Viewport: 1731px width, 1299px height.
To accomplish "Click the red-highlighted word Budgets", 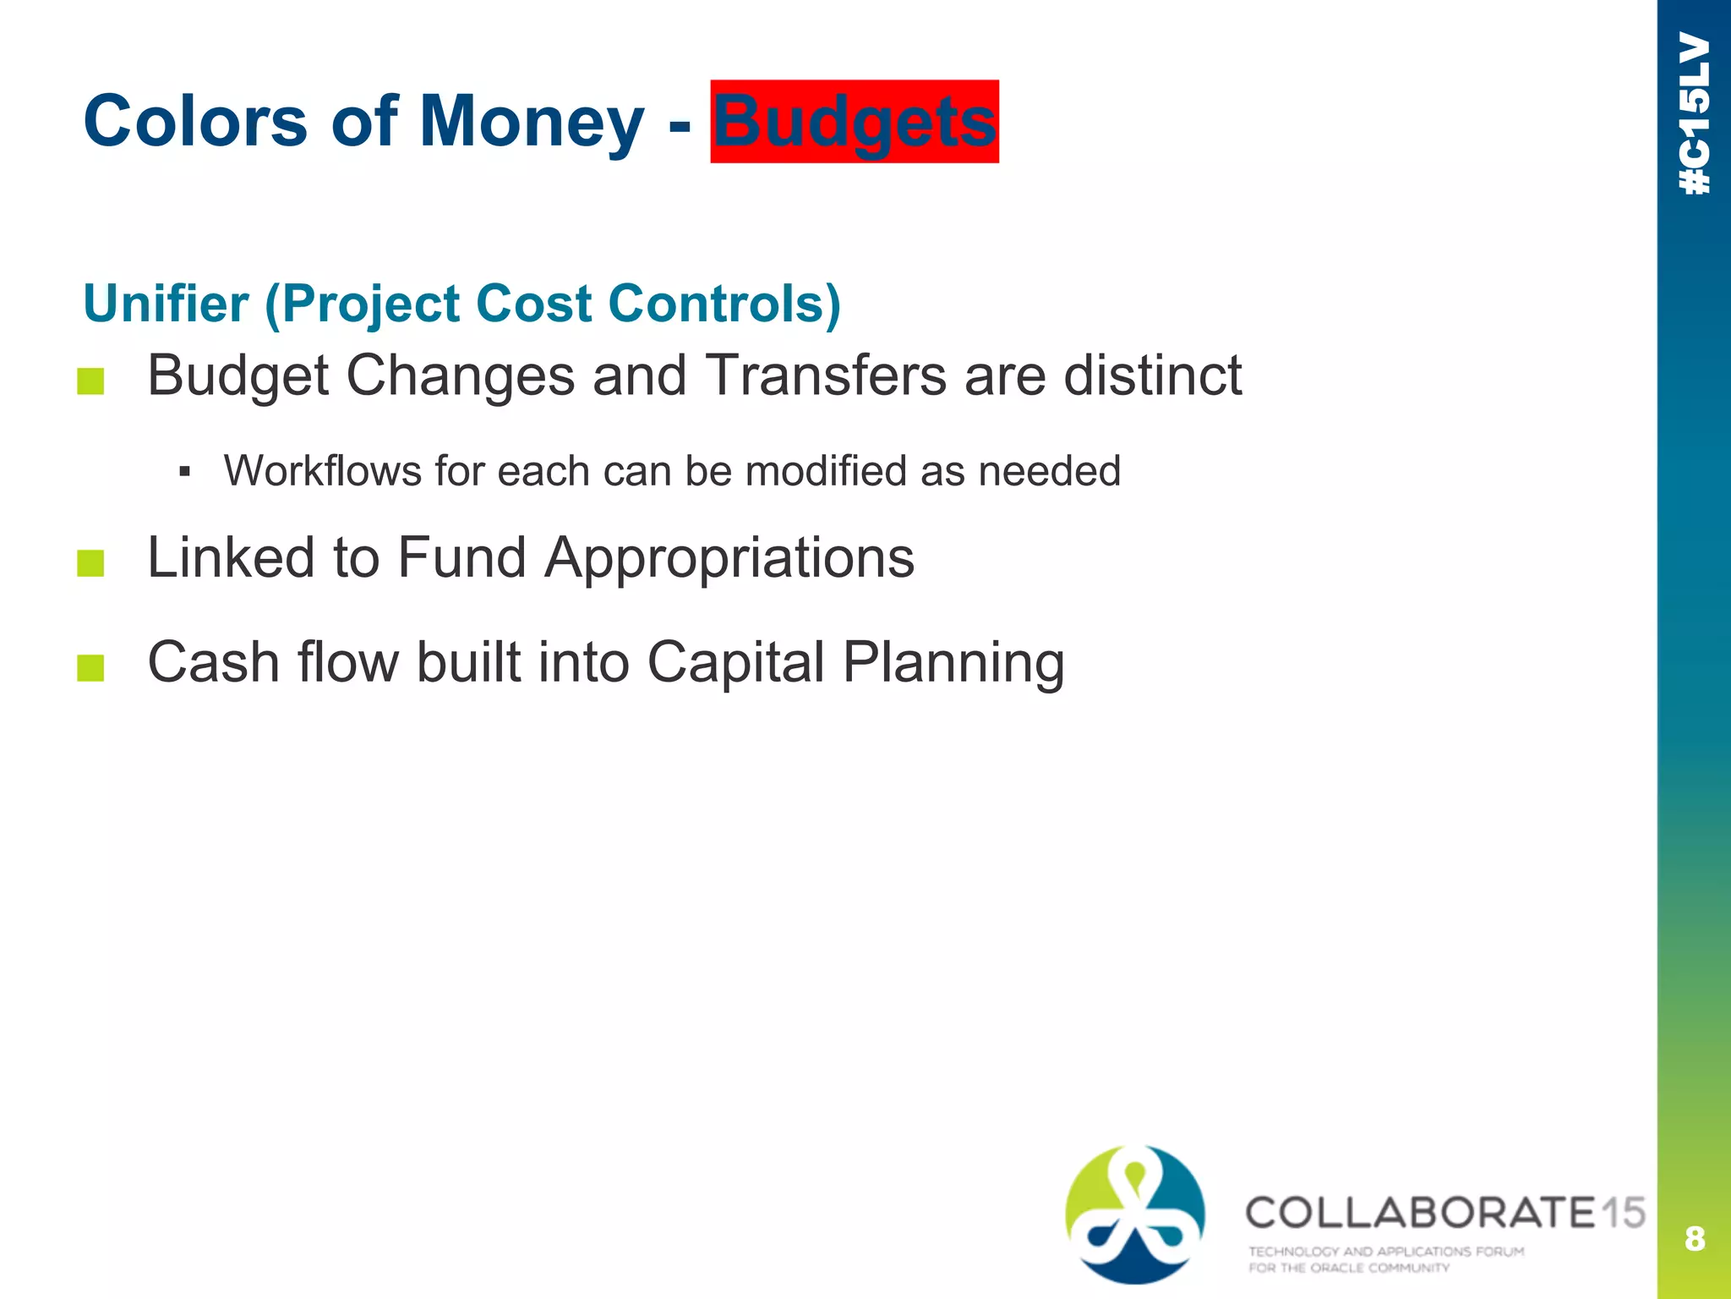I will (x=855, y=122).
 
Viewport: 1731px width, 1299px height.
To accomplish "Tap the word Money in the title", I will (x=531, y=122).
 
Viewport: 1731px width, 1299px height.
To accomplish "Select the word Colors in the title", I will (x=195, y=122).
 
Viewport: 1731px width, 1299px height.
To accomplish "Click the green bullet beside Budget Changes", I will (x=90, y=381).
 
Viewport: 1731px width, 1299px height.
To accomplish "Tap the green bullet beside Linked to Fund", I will (x=90, y=563).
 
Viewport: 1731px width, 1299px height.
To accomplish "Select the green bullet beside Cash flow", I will (x=90, y=668).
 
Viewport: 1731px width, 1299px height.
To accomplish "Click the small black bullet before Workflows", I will (x=184, y=471).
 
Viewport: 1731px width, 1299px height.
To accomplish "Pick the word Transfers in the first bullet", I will (x=825, y=375).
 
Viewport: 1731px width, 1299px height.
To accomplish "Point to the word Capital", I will (x=735, y=662).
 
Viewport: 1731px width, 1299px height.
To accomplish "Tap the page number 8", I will (x=1694, y=1239).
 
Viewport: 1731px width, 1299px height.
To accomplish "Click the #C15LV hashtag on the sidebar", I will (x=1695, y=114).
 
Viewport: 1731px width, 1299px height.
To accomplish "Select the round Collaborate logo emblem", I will (x=1134, y=1214).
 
